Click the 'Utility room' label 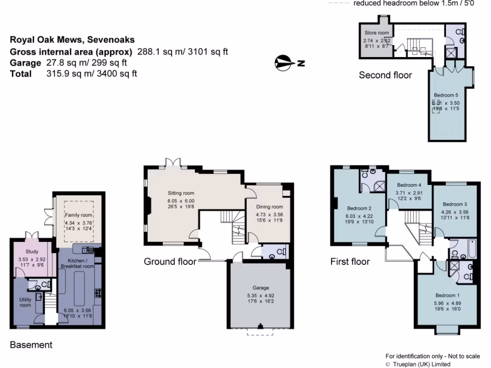(25, 302)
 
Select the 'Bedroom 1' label (446, 295)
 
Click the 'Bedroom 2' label (359, 208)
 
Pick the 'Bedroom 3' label (455, 204)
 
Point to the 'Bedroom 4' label (409, 185)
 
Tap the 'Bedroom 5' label (446, 95)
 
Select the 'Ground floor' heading (170, 262)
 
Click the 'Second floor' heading (385, 75)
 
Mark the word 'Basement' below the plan (31, 345)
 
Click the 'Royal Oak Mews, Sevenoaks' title (72, 40)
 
